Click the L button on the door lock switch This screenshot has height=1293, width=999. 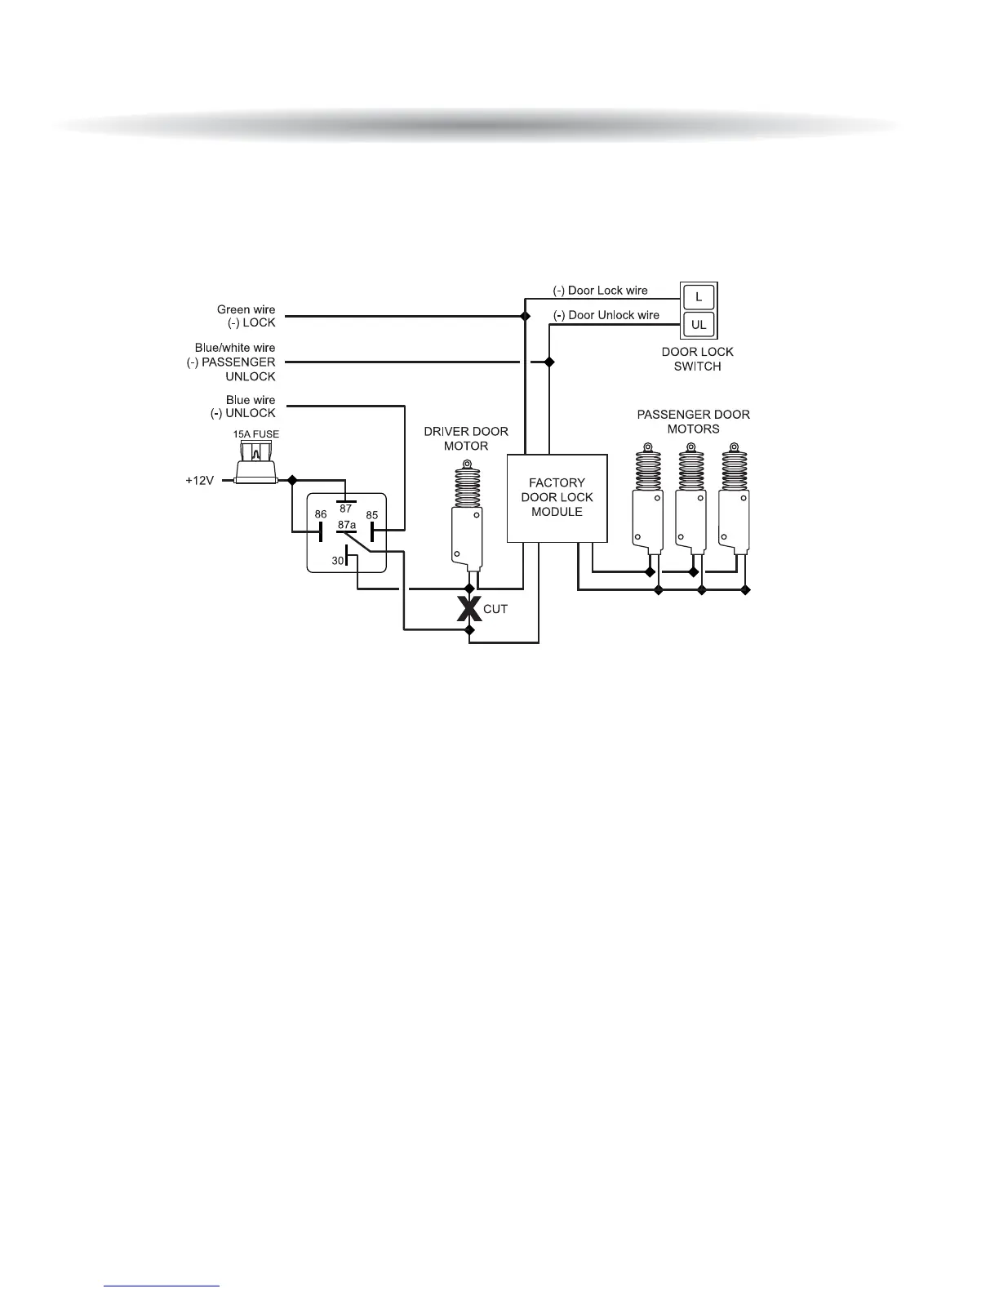point(699,296)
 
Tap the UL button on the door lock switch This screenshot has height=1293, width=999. point(699,324)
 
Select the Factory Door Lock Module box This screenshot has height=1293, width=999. point(557,498)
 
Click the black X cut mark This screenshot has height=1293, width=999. point(468,608)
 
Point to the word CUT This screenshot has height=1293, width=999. point(495,609)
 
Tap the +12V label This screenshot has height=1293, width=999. point(200,481)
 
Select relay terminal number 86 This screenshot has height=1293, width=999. point(321,515)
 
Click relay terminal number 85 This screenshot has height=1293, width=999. point(372,515)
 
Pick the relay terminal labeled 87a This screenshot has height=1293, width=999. point(347,525)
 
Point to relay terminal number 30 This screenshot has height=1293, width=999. point(338,561)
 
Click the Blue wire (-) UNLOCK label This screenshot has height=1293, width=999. point(243,407)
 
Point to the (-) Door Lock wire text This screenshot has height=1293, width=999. point(600,291)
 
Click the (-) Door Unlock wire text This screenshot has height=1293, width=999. point(606,315)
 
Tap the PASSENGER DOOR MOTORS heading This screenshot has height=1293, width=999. point(693,421)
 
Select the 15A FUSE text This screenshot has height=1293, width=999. point(256,434)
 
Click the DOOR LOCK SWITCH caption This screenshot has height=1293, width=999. point(697,359)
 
